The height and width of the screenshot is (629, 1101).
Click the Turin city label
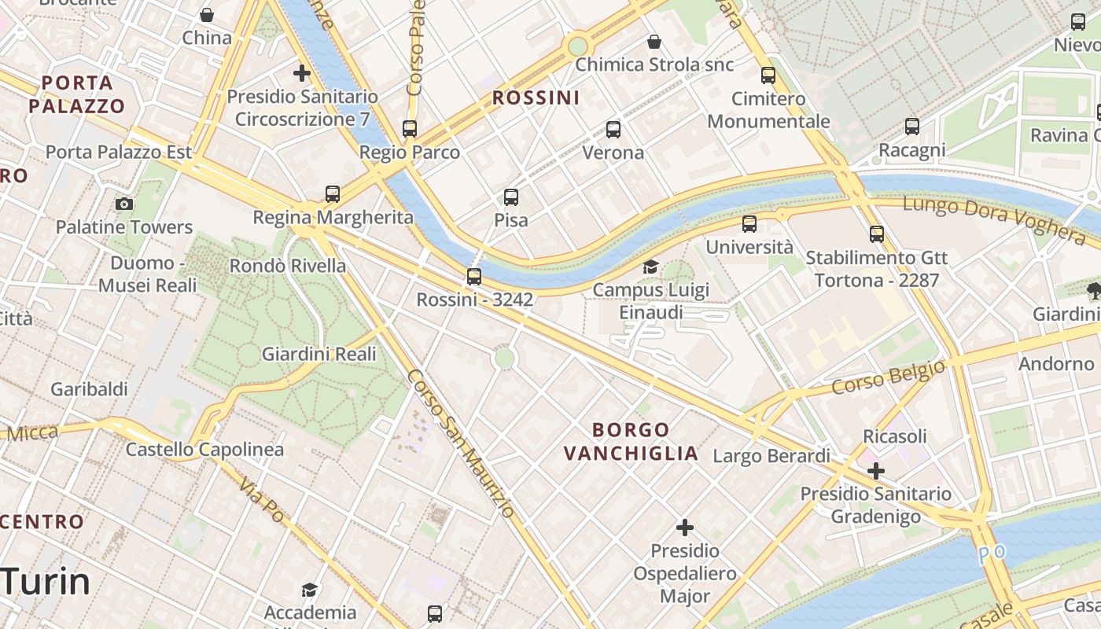coord(46,583)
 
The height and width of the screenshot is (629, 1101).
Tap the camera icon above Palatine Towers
coord(124,204)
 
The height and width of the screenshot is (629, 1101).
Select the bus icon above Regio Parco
coord(410,129)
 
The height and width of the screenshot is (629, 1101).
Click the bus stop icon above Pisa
coord(511,197)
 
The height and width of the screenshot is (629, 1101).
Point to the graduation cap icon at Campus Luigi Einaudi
coord(650,267)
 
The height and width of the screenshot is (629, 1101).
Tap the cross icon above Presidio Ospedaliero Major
coord(685,527)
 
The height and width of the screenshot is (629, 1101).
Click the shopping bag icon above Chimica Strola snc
coord(654,42)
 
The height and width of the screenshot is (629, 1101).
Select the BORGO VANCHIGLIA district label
coord(632,442)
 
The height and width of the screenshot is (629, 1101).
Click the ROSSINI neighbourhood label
coord(536,98)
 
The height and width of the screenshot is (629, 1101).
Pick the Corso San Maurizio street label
coord(462,444)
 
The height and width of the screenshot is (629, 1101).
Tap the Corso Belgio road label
coord(888,378)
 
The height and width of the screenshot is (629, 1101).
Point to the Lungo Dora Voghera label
coord(994,219)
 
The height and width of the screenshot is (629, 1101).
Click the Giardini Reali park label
coord(319,354)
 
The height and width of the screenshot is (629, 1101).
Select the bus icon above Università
coord(749,224)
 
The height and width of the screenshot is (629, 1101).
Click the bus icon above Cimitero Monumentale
coord(768,75)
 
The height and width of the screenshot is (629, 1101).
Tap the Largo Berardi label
coord(771,456)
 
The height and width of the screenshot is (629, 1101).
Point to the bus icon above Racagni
coord(912,126)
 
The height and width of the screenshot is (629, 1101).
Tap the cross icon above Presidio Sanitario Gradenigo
coord(875,471)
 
